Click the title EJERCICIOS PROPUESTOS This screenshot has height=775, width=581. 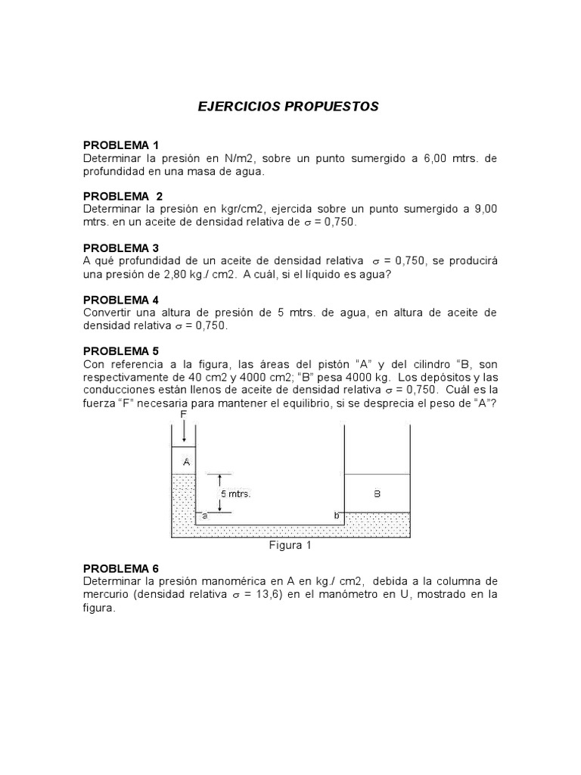point(287,107)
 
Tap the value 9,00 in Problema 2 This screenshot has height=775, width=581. point(484,209)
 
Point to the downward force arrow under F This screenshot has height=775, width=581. point(184,432)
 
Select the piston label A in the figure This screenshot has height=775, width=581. point(186,461)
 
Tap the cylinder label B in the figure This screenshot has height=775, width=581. point(377,493)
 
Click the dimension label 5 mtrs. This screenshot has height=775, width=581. point(235,493)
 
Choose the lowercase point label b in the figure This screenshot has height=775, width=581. point(337,515)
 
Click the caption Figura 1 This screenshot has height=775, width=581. point(290,545)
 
